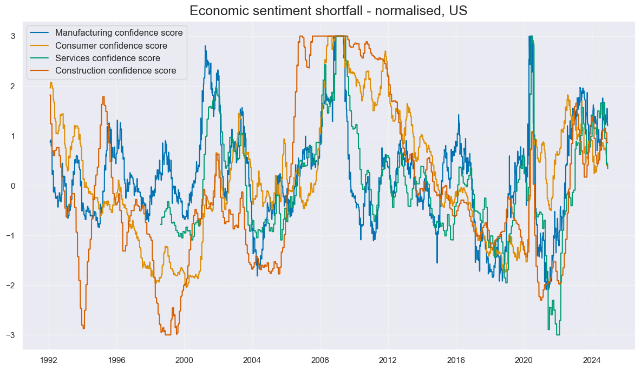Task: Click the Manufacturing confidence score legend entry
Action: tap(119, 33)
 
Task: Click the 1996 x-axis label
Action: tap(116, 360)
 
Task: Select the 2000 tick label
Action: tap(184, 360)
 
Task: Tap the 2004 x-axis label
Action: tap(252, 360)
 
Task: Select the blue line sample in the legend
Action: tap(40, 33)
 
